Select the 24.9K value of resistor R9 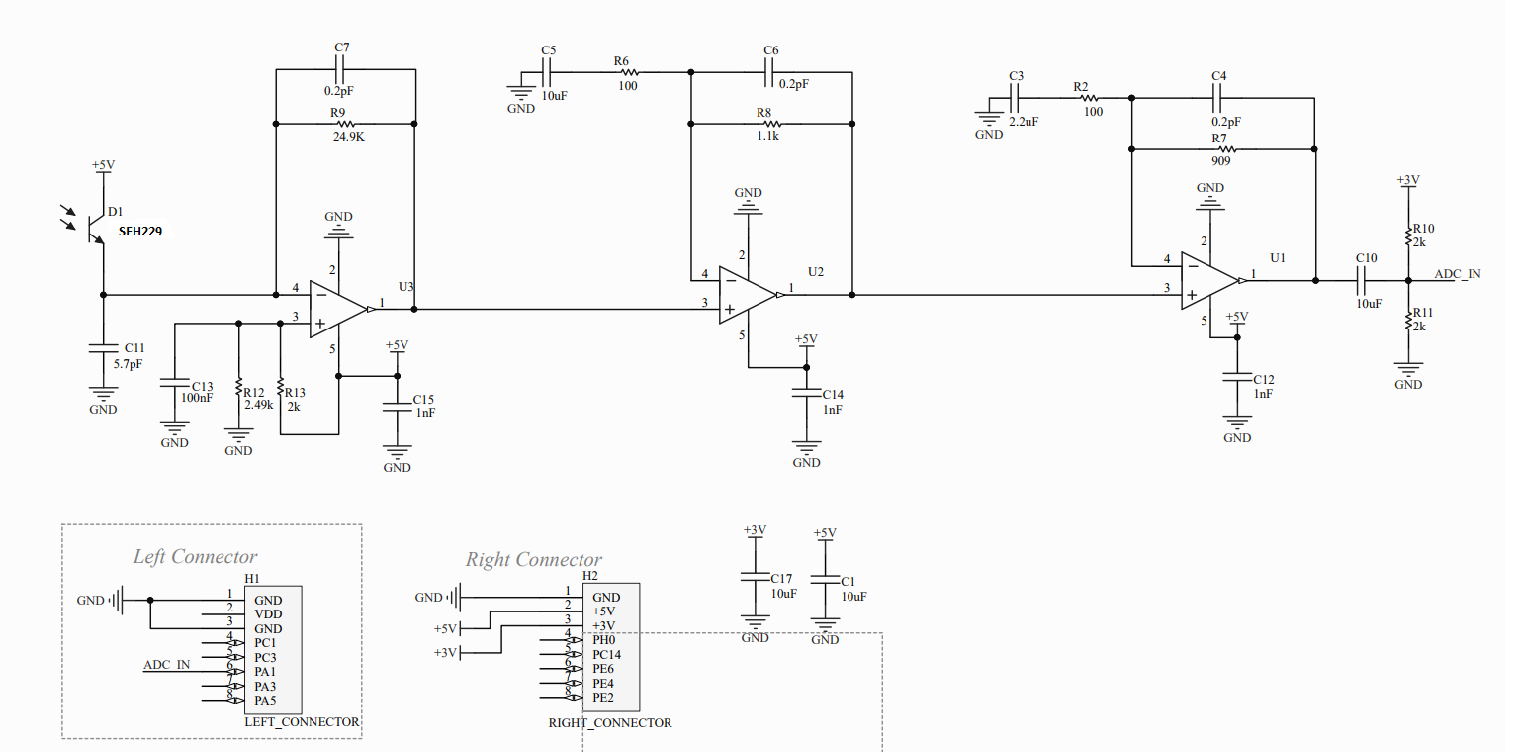(348, 137)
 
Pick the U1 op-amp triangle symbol (1209, 280)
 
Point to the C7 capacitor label (342, 47)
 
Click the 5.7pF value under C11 (129, 364)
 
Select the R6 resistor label (621, 61)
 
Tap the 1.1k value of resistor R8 (767, 137)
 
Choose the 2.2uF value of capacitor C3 (1023, 121)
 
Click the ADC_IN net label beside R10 (1458, 273)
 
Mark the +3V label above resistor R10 (1408, 180)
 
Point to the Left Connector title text (195, 557)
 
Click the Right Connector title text (534, 560)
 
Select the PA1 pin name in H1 (265, 673)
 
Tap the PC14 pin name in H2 (607, 655)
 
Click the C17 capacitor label (781, 579)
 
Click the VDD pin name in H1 (268, 614)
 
